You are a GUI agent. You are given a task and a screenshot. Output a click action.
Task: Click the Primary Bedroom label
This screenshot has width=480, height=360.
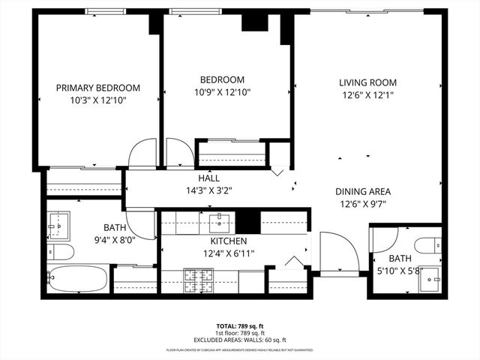[98, 88]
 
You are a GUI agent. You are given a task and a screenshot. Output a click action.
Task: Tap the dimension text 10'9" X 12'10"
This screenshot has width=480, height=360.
[222, 93]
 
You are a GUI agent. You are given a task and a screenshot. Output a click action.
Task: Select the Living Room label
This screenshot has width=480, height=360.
[367, 82]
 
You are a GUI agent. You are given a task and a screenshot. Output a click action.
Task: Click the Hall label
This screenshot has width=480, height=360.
[208, 178]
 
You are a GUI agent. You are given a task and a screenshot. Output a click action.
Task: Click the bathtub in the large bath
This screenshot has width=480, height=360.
[77, 280]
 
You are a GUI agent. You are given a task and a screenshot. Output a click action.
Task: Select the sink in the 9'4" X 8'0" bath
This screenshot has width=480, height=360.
[58, 222]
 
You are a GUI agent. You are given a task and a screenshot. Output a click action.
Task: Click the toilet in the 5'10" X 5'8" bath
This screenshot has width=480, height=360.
[430, 245]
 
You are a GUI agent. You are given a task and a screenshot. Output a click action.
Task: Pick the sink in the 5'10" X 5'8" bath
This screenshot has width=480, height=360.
[430, 283]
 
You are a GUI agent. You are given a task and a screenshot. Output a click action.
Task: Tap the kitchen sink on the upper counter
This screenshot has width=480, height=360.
[219, 220]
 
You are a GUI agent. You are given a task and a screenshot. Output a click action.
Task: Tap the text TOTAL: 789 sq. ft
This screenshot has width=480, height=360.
[239, 326]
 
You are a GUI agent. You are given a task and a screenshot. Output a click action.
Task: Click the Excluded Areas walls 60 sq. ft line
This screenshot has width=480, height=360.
[239, 340]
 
